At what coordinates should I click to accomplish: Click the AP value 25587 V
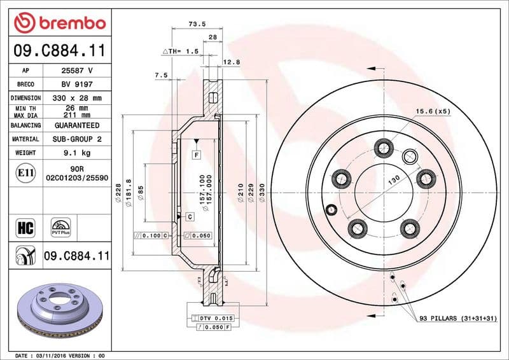point(76,71)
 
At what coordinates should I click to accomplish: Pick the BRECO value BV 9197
point(76,85)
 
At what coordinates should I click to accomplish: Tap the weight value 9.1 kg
point(76,153)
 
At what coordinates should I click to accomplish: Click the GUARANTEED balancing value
point(76,126)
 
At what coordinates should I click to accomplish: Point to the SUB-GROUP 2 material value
point(76,139)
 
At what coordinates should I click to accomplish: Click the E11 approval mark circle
point(27,172)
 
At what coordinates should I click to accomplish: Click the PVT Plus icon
point(61,227)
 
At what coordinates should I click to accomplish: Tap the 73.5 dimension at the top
point(196,25)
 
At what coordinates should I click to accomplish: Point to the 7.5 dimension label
point(161,75)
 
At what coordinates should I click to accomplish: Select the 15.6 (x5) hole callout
point(433,111)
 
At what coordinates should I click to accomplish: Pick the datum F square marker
point(197,155)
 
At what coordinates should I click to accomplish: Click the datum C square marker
point(190,217)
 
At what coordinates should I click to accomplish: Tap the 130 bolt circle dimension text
point(393,181)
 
